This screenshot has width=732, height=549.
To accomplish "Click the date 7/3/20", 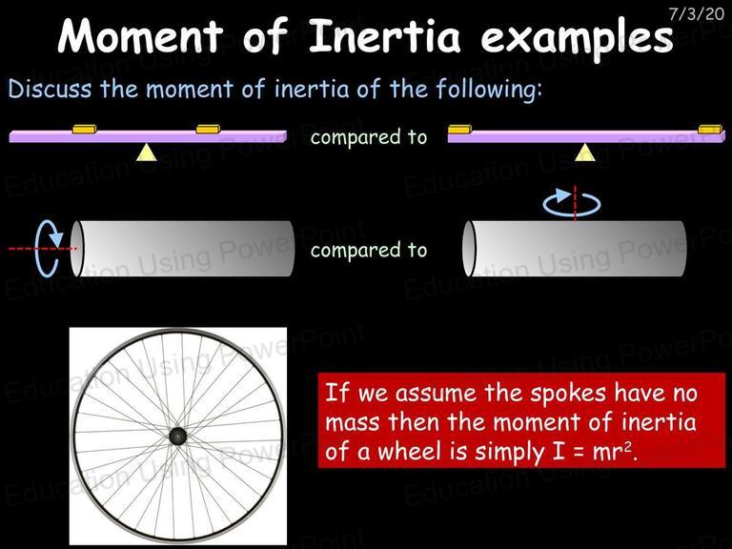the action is coord(696,13).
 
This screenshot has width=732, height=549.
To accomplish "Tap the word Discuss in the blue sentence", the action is coord(50,89).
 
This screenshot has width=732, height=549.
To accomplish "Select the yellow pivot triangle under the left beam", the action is coord(147,152).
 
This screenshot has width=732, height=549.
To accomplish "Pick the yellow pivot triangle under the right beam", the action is coord(585,152).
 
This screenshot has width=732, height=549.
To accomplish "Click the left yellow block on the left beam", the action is coord(85,129).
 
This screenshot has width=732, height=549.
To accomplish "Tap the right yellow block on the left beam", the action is coord(208,129).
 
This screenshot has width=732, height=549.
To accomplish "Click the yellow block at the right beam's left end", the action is coord(459,129).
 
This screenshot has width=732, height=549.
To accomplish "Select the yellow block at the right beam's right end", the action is coord(710,129).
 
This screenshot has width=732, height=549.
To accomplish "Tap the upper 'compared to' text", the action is coord(369,137).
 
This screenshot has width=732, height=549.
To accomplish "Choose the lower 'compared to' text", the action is coord(369,251).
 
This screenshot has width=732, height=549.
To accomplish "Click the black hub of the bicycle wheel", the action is coord(178,437).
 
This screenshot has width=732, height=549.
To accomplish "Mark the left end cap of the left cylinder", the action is coord(77,249).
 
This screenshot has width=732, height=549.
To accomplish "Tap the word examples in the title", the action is coord(577,37).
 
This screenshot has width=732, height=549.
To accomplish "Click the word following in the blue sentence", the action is coord(489,89).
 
